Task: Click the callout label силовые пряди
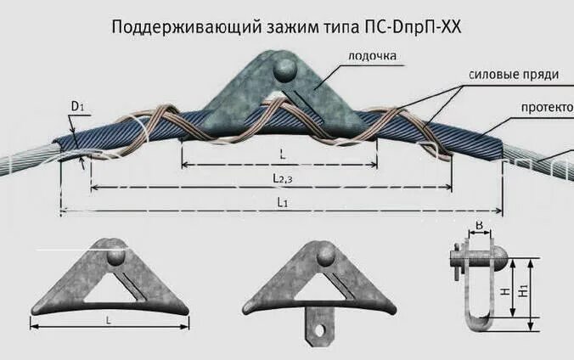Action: coord(514,75)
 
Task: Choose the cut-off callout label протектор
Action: coord(548,108)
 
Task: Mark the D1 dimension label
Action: coord(76,106)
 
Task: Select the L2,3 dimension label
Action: coord(282,177)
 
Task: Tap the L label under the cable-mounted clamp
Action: coord(282,155)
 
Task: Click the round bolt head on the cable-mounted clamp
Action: coord(283,66)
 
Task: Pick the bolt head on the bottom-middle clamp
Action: coord(326,254)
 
